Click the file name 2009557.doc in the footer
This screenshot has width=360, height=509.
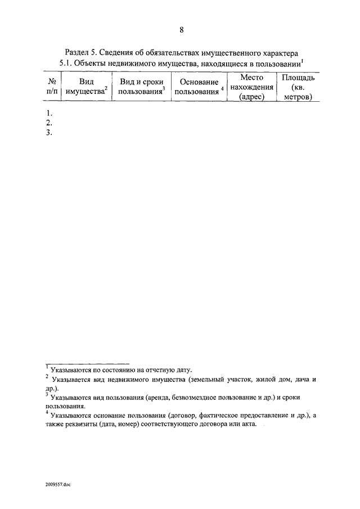(x=59, y=484)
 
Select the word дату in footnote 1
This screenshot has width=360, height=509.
(x=183, y=370)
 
